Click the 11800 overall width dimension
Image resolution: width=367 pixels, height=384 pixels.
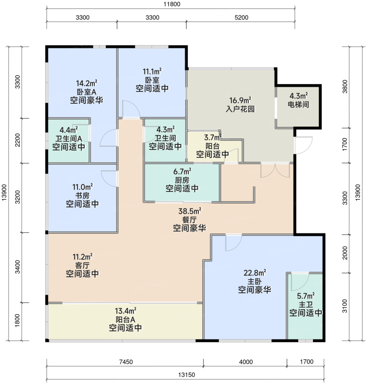[172, 4]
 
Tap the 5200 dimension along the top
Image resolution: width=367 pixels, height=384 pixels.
[241, 18]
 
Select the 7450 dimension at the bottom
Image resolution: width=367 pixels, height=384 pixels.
[126, 362]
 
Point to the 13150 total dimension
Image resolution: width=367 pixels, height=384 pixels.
[186, 375]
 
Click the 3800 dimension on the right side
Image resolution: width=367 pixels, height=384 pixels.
[345, 86]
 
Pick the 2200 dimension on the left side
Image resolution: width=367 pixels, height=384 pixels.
[18, 140]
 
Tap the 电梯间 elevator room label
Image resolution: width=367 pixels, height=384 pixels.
[298, 105]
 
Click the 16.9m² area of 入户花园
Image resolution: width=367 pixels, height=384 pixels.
[240, 100]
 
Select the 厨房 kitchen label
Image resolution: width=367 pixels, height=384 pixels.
[182, 180]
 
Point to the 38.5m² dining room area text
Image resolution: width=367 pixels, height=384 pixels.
[190, 211]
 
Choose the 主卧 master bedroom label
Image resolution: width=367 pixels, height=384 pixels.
[255, 281]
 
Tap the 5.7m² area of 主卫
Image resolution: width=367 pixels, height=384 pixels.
[306, 296]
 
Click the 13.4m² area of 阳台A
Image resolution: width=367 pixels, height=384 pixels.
[125, 311]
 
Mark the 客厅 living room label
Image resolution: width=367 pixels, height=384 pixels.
[82, 265]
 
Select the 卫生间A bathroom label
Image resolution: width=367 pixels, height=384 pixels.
[69, 139]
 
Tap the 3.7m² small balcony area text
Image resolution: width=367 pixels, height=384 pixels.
[212, 137]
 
